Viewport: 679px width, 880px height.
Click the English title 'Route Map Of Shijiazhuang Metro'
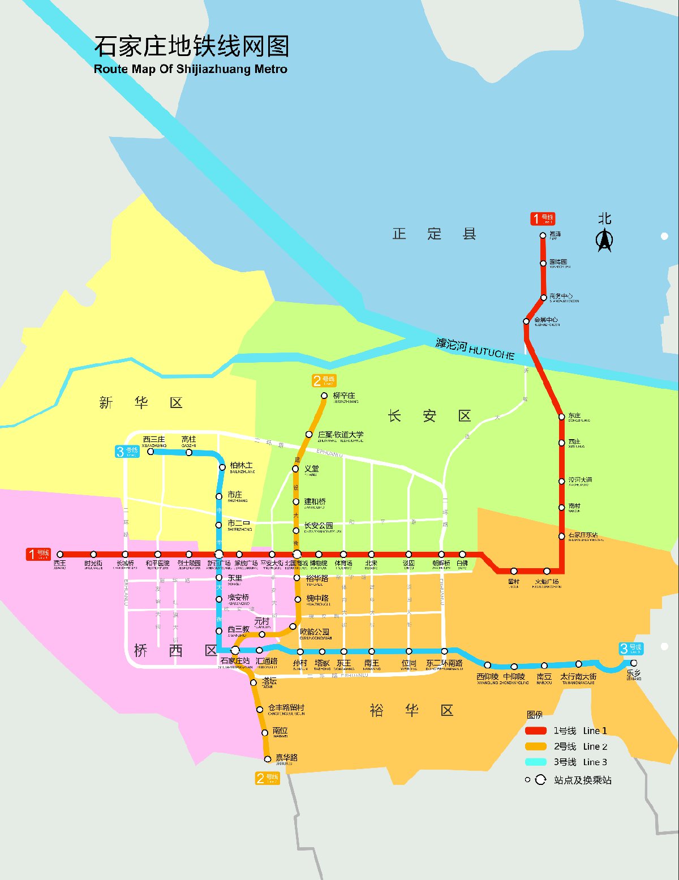tap(190, 69)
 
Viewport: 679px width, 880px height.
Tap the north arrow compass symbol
tap(604, 239)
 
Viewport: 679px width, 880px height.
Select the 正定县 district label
tap(434, 234)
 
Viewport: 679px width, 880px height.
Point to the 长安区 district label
tap(429, 416)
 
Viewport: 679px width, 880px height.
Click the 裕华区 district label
tap(411, 710)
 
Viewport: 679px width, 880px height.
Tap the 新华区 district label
tap(140, 402)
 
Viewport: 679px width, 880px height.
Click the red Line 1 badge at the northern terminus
tap(543, 218)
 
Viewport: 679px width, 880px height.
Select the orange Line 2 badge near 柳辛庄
tap(324, 380)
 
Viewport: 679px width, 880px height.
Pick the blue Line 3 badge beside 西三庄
tap(127, 451)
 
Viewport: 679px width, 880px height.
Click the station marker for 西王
tap(60, 555)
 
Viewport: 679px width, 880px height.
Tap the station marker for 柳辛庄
tap(324, 396)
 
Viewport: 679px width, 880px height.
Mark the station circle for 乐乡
tap(634, 663)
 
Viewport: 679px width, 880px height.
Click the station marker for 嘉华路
tap(268, 759)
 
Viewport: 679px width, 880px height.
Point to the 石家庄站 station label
tap(235, 661)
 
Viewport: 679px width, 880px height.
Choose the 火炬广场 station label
tap(547, 582)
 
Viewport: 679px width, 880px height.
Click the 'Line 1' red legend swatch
tap(535, 731)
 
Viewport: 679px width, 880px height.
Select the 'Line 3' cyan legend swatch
tap(535, 762)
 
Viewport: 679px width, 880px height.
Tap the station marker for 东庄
tap(562, 417)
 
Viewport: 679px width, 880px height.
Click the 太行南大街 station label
tap(578, 677)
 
